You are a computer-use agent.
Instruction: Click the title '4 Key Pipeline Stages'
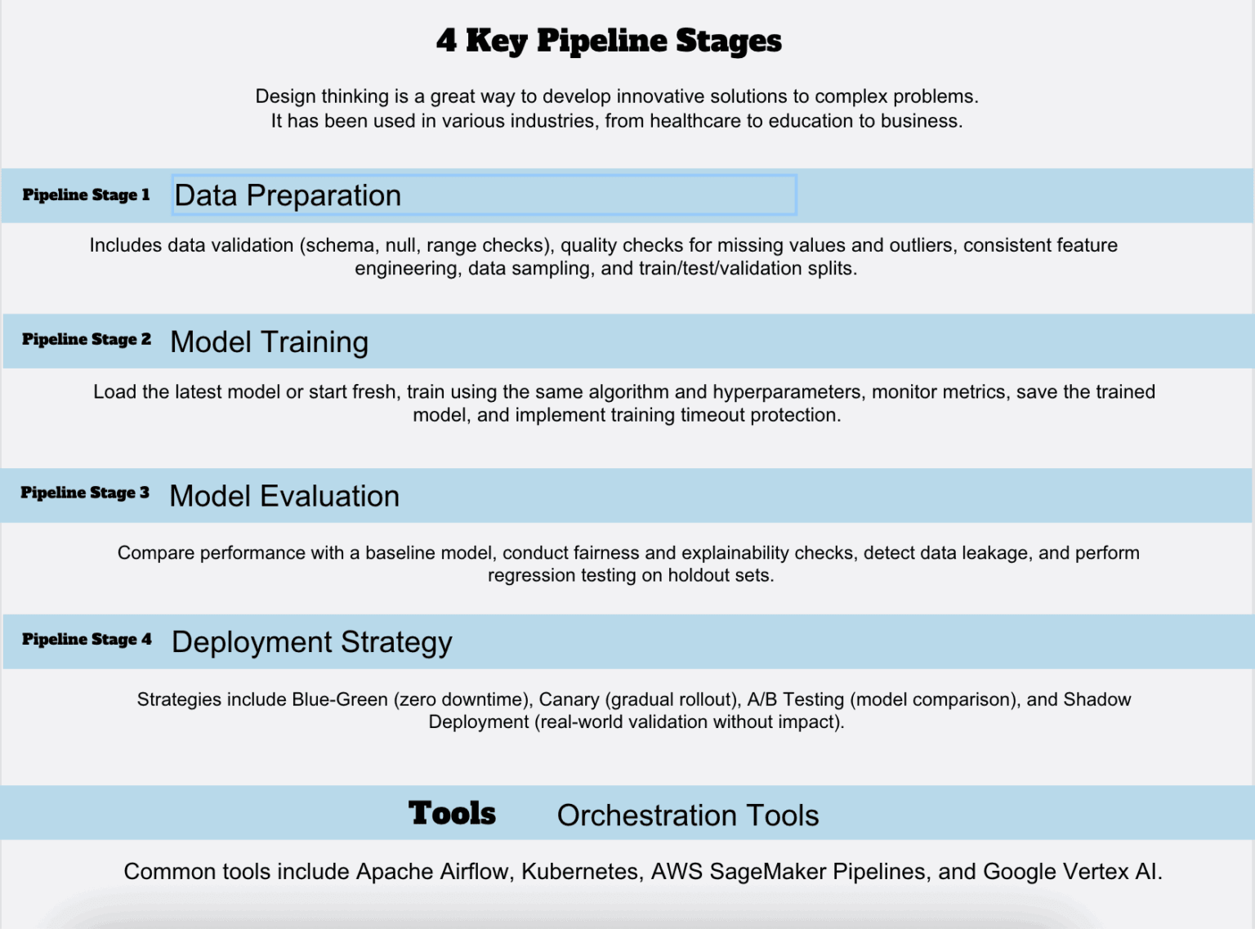click(609, 41)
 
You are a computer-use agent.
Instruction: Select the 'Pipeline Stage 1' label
click(86, 194)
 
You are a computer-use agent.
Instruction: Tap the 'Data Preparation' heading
click(288, 196)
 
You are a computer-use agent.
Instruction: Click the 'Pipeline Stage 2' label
click(87, 339)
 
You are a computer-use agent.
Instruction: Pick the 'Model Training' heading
click(270, 342)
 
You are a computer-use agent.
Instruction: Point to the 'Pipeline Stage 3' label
click(85, 493)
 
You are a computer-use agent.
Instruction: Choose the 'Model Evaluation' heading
click(284, 496)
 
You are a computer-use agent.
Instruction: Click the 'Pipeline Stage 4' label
click(87, 639)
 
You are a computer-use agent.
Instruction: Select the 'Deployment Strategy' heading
click(311, 642)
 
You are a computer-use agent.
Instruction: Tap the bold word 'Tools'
click(452, 813)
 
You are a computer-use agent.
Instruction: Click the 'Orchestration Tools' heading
click(687, 815)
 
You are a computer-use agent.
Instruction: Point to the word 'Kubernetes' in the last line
click(579, 872)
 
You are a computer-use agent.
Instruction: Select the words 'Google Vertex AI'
click(1070, 872)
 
